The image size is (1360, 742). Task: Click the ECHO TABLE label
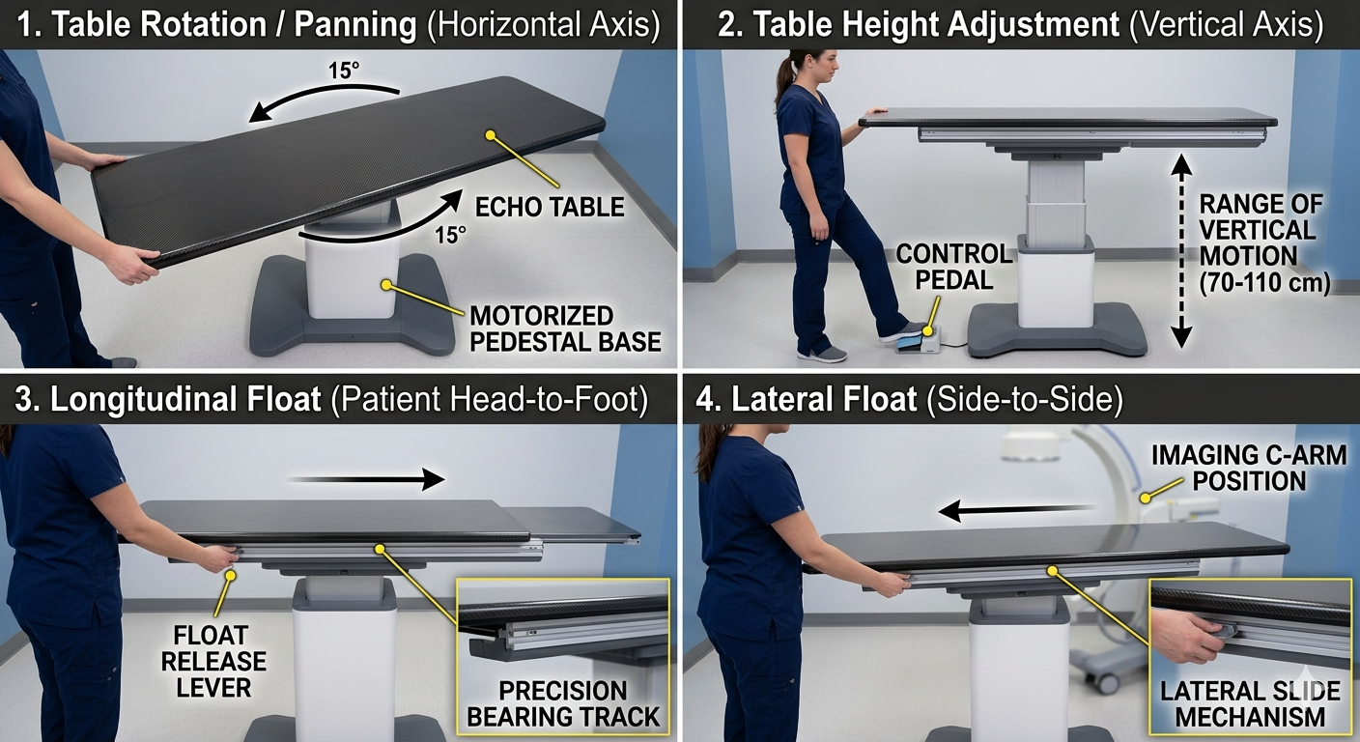[550, 208]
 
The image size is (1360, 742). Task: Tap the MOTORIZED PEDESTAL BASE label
[565, 329]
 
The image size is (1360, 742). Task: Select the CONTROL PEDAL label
[953, 268]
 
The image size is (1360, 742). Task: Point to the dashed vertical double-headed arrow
[1181, 251]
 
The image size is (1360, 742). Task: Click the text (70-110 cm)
[1264, 283]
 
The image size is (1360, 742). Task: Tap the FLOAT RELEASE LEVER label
[213, 662]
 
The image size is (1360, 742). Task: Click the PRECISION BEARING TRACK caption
[563, 704]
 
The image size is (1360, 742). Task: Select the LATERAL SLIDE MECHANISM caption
[1250, 704]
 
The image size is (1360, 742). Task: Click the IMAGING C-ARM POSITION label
[1249, 469]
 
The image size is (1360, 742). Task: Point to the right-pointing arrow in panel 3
[366, 479]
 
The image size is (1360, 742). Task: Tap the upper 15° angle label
[344, 71]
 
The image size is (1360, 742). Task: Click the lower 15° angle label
[450, 235]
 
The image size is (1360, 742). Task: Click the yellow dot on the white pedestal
[386, 284]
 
